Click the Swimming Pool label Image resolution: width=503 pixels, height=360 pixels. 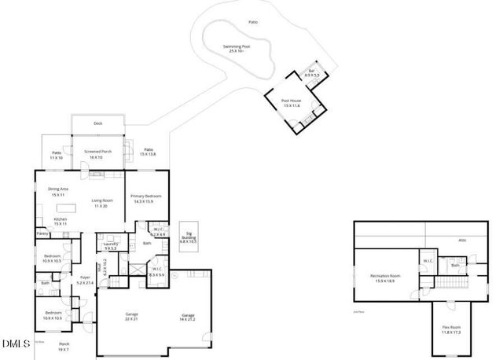[236, 47]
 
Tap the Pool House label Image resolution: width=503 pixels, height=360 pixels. [292, 101]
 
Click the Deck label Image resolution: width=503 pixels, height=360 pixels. [98, 123]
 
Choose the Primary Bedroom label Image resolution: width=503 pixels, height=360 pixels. [146, 196]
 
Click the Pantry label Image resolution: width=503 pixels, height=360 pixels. [42, 233]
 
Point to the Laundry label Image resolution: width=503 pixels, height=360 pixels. [110, 244]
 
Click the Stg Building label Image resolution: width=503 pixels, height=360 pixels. [188, 237]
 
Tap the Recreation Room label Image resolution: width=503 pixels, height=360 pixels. [385, 276]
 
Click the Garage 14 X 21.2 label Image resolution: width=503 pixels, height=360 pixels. [188, 316]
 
